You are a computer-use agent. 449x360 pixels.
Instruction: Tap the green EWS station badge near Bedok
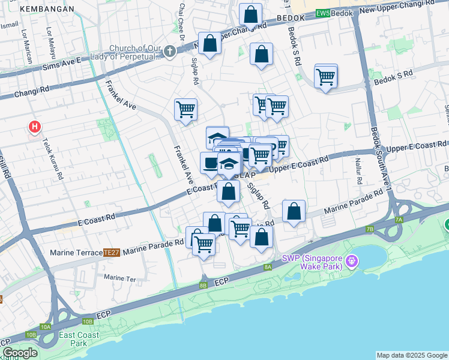point(323,13)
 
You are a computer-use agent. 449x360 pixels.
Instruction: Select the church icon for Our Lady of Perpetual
point(170,52)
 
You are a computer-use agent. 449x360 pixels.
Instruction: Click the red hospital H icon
point(35,127)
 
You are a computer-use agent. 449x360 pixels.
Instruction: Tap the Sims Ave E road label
point(61,61)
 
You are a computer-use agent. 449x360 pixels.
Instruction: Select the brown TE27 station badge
point(112,253)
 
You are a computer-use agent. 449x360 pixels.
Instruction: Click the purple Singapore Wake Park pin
point(352,262)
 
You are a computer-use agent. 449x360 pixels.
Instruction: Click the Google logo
point(20,353)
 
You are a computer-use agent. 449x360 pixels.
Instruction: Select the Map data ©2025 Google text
point(411,355)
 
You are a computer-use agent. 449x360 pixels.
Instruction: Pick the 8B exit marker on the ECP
point(203,285)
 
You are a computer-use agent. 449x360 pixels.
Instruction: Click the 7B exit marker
point(370,229)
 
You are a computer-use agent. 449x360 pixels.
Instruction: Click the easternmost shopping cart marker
point(325,77)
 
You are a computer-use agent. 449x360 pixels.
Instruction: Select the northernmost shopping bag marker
point(250,14)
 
